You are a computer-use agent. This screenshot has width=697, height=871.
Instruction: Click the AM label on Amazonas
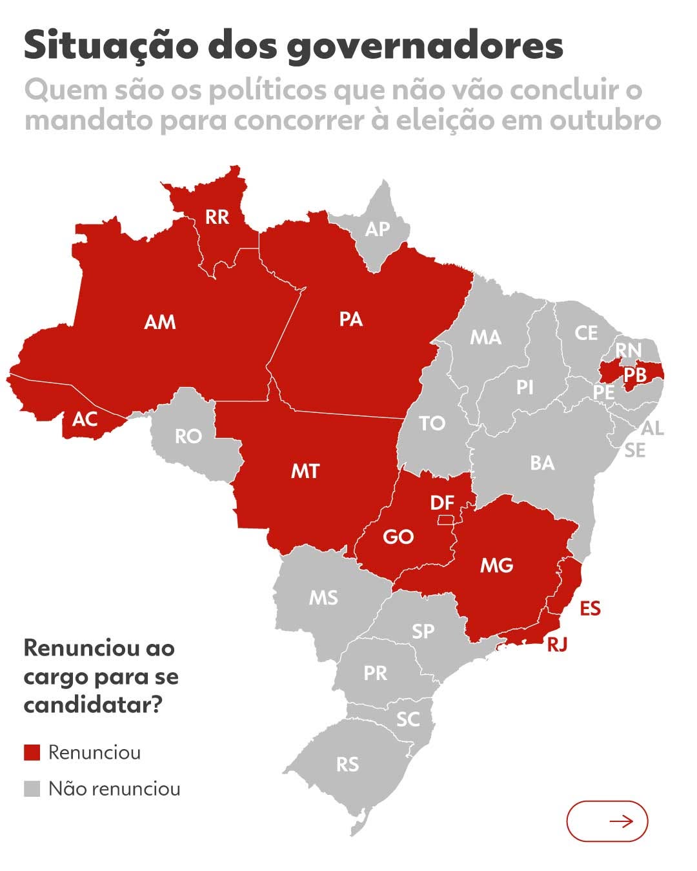[160, 322]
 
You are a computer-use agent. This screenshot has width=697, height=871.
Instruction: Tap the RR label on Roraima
[217, 217]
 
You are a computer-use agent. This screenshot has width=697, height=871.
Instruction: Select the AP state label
[378, 229]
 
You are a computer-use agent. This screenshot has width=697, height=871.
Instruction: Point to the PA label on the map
[351, 319]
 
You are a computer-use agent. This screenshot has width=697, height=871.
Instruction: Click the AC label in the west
[85, 419]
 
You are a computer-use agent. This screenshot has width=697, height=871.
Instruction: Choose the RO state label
[188, 437]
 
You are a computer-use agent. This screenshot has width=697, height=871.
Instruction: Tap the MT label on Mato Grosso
[305, 472]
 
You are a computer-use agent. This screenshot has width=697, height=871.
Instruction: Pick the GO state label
[398, 537]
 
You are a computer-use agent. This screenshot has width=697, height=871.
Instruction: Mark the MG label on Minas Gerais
[496, 566]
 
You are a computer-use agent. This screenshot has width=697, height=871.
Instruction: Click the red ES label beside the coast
[590, 608]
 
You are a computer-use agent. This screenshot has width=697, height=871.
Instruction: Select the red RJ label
[557, 644]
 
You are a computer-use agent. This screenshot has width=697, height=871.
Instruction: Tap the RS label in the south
[347, 765]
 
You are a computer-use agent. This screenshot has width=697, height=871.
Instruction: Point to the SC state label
[408, 719]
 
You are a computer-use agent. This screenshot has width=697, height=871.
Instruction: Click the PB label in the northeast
[635, 375]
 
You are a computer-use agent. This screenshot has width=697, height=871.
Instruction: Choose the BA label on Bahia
[542, 463]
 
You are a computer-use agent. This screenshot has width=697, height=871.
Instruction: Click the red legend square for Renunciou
[32, 753]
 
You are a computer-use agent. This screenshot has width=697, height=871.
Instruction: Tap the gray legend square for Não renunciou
[32, 789]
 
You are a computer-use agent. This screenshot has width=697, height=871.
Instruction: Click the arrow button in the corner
[607, 821]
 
